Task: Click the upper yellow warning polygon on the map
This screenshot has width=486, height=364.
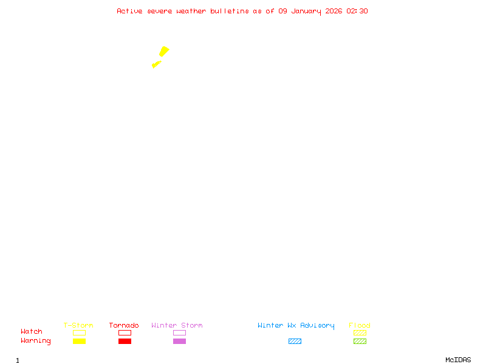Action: click(x=164, y=51)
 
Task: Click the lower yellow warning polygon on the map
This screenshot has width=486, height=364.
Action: click(x=156, y=64)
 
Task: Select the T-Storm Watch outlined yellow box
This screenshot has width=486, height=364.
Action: click(x=79, y=332)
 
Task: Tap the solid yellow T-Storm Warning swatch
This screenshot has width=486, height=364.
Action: click(x=79, y=341)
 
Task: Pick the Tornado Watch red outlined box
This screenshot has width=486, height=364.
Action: click(x=125, y=332)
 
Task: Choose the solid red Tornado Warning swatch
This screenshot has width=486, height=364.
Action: click(x=125, y=341)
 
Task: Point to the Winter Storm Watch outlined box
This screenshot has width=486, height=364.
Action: click(x=179, y=332)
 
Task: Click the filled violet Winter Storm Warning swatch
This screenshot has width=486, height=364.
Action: click(x=179, y=341)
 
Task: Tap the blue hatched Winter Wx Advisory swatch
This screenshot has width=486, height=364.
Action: click(x=295, y=341)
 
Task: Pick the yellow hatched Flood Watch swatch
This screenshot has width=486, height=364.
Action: click(x=360, y=332)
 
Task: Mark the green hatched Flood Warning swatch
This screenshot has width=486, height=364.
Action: click(x=360, y=341)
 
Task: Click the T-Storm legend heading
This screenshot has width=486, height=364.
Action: click(x=78, y=325)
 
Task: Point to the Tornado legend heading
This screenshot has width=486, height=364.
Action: click(x=124, y=325)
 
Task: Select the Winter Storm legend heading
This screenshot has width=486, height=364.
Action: click(x=177, y=325)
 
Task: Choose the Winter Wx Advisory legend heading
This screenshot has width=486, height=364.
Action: click(x=296, y=325)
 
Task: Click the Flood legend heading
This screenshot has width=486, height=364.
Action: click(x=360, y=325)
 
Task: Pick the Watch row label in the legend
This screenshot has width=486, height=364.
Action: click(x=32, y=331)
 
